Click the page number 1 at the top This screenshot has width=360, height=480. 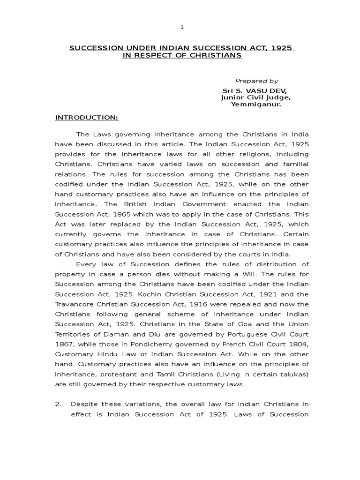(x=182, y=27)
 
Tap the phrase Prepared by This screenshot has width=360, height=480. (x=256, y=81)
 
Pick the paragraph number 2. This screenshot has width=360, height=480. (x=58, y=404)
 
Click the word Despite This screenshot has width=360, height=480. (x=84, y=404)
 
